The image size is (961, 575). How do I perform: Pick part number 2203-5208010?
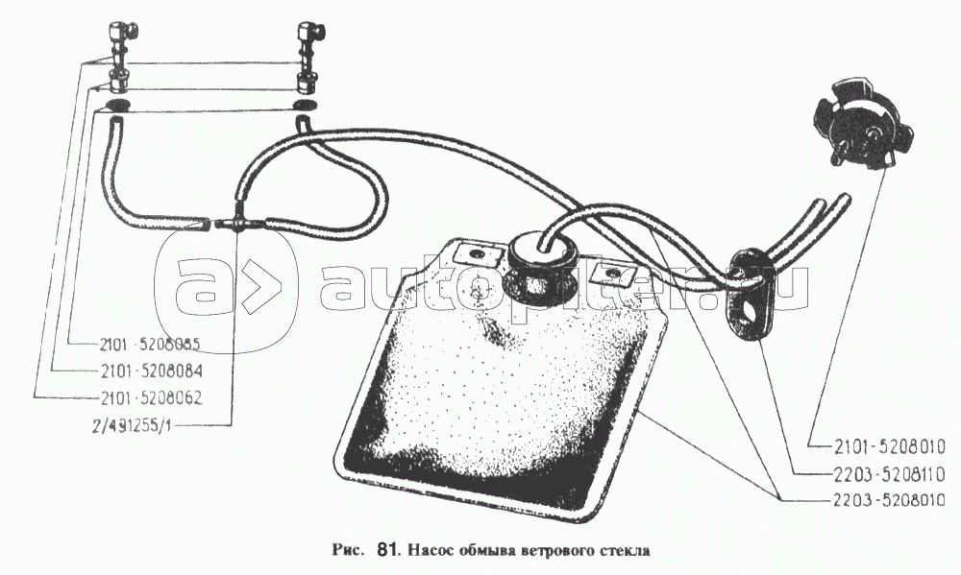pyautogui.click(x=877, y=500)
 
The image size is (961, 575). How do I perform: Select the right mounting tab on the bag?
pyautogui.click(x=606, y=276)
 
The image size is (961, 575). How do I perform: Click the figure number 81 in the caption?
pyautogui.click(x=388, y=551)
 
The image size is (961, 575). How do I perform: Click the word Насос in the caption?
pyautogui.click(x=433, y=551)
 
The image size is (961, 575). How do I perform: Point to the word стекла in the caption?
pyautogui.click(x=624, y=551)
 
